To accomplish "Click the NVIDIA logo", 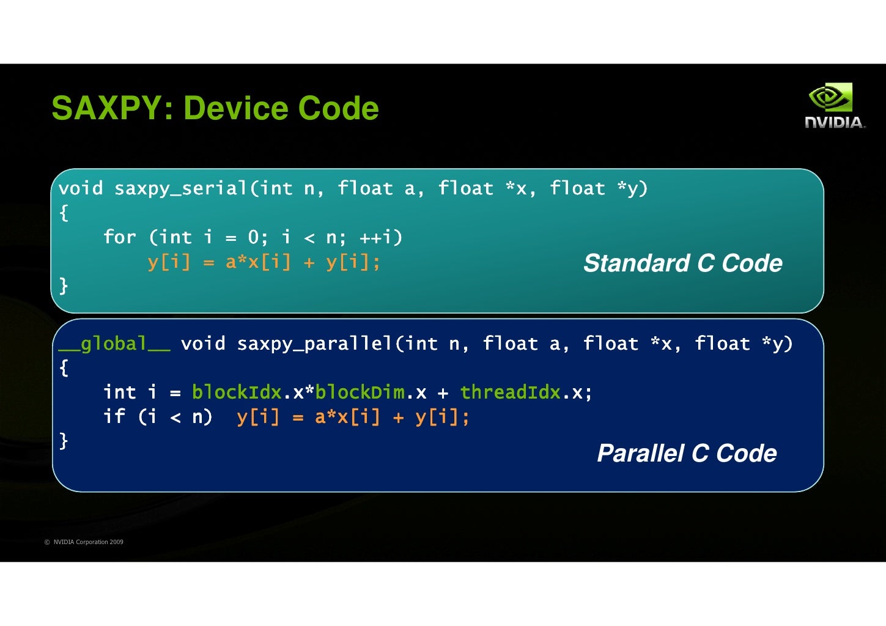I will pyautogui.click(x=834, y=106).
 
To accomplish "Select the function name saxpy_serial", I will pyautogui.click(x=180, y=188).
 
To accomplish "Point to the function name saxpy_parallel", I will pyautogui.click(x=314, y=344).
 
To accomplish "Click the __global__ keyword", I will pyautogui.click(x=114, y=344).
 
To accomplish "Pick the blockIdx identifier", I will pyautogui.click(x=237, y=392).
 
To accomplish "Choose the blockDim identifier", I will pyautogui.click(x=360, y=392).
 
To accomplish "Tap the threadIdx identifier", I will pyautogui.click(x=510, y=392).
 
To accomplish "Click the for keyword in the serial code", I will pyautogui.click(x=119, y=237).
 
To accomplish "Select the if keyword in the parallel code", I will pyautogui.click(x=114, y=417).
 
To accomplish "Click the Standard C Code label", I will pyautogui.click(x=682, y=263).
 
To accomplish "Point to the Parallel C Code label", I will pyautogui.click(x=687, y=454).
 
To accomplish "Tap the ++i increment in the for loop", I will pyautogui.click(x=380, y=237).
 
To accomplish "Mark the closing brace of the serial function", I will pyautogui.click(x=64, y=285).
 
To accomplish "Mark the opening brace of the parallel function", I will pyautogui.click(x=64, y=368).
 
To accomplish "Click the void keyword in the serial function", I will pyautogui.click(x=81, y=188).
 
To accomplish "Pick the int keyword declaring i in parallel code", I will pyautogui.click(x=119, y=392).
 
